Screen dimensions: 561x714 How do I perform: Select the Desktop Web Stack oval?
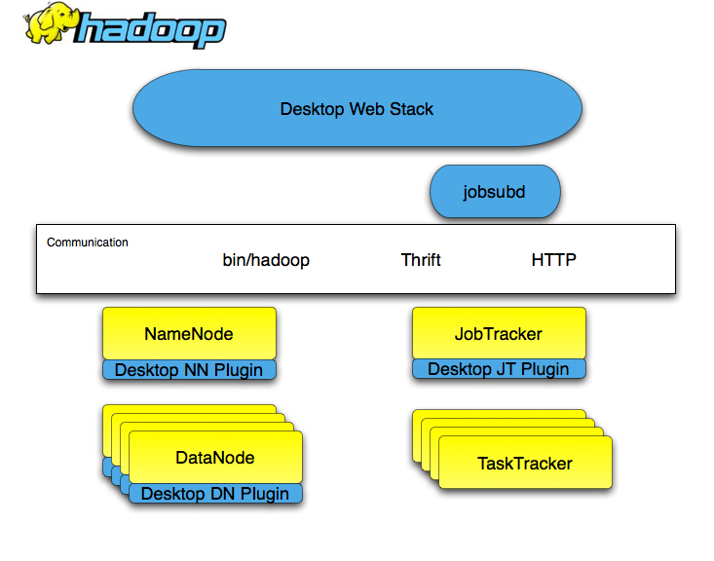click(357, 109)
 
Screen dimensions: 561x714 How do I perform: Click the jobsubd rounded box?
click(495, 192)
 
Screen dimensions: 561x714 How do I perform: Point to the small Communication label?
click(88, 243)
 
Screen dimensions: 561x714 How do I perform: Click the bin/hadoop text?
click(266, 260)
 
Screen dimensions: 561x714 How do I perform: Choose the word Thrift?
click(421, 260)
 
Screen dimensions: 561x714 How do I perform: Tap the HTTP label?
click(553, 260)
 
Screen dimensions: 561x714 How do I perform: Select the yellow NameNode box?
click(189, 334)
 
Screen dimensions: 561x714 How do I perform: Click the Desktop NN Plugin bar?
click(189, 370)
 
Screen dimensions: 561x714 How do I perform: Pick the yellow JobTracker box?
click(499, 334)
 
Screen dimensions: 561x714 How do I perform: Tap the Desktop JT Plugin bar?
click(499, 369)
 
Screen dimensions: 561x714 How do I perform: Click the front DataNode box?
click(215, 457)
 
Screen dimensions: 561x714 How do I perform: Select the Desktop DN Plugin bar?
click(215, 494)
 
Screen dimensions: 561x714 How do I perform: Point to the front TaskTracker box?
click(525, 463)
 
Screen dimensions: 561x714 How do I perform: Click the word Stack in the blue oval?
click(411, 109)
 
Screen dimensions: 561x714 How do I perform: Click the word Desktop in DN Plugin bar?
click(173, 494)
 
